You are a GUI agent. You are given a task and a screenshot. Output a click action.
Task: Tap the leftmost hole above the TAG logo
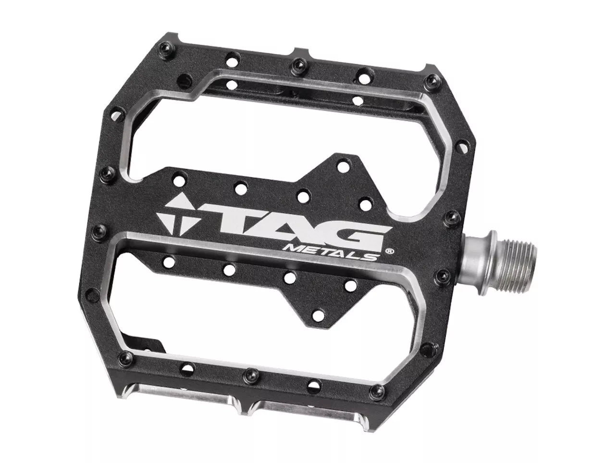(180, 176)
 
